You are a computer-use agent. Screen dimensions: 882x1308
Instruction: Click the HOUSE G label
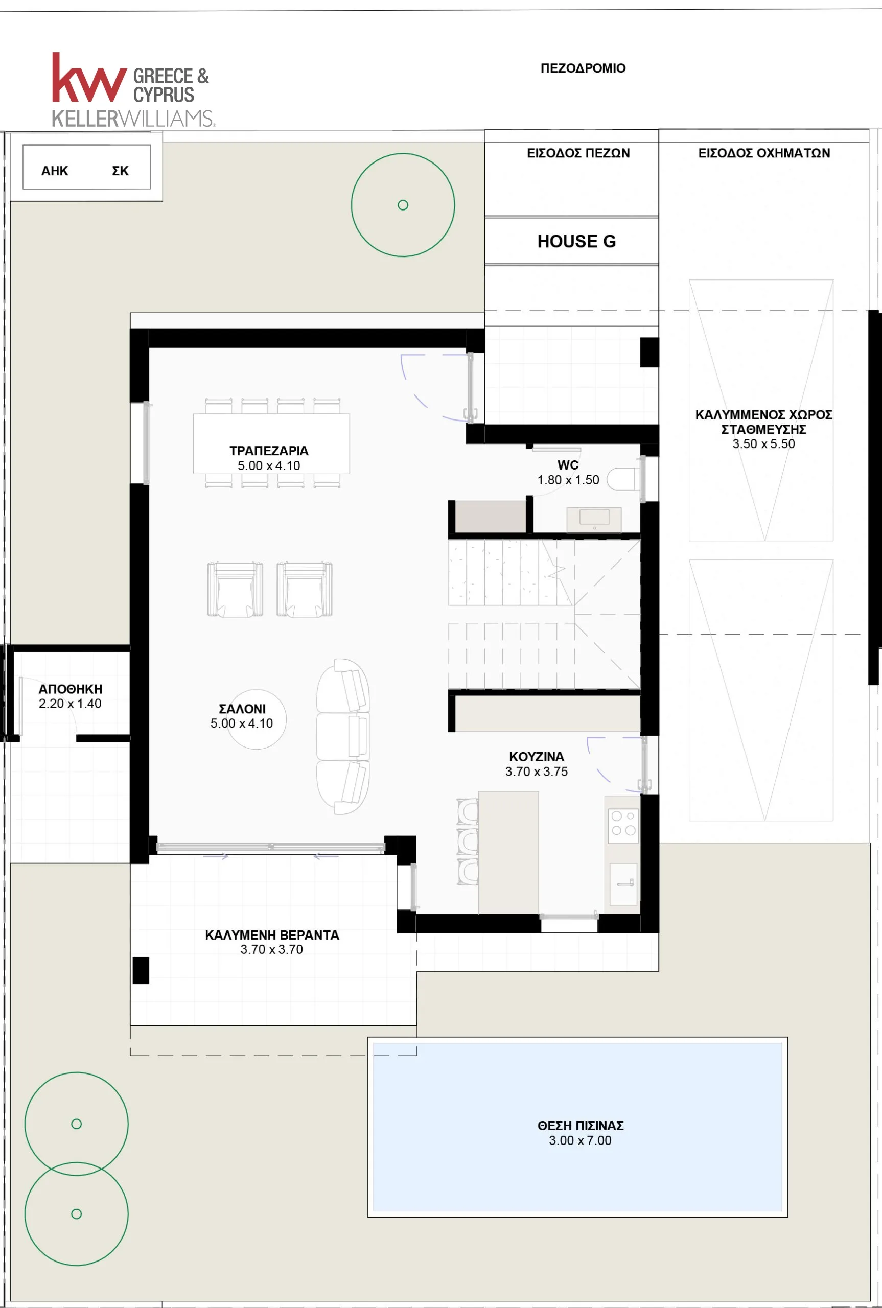(x=576, y=241)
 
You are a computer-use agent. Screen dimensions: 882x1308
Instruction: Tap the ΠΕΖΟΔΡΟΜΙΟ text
(x=583, y=68)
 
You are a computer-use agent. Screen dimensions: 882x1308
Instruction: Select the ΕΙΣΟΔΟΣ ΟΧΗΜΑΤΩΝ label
(x=764, y=153)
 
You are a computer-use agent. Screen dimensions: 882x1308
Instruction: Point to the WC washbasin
(x=594, y=519)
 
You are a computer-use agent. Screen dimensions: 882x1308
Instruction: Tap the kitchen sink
(x=623, y=884)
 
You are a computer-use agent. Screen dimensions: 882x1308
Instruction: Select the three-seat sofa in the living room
(x=342, y=737)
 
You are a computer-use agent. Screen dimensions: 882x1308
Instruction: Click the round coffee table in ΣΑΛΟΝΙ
(x=257, y=719)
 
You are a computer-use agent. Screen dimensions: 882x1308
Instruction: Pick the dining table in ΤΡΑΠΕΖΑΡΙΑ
(x=271, y=443)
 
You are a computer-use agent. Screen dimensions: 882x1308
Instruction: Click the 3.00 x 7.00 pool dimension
(x=580, y=1140)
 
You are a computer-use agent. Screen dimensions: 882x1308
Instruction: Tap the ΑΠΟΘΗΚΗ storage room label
(x=71, y=689)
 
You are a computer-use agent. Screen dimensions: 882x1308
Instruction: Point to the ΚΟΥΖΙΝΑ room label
(x=537, y=757)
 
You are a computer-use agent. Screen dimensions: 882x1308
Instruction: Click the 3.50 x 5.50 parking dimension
(x=763, y=443)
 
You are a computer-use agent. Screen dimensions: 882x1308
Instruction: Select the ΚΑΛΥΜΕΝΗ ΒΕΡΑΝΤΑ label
(x=272, y=935)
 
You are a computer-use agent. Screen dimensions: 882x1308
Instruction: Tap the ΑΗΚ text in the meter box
(x=55, y=171)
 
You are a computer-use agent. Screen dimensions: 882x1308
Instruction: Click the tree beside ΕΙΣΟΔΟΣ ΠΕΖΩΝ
(x=403, y=205)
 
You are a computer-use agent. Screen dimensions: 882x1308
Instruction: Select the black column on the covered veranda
(x=141, y=971)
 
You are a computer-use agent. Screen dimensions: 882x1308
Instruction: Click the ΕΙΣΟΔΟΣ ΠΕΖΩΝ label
(x=578, y=153)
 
